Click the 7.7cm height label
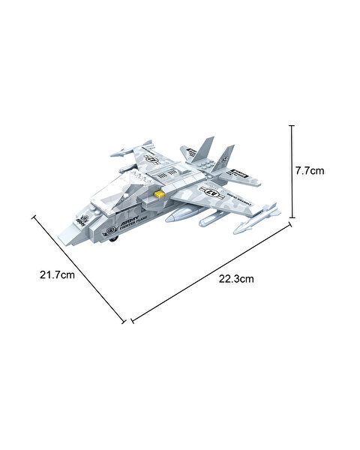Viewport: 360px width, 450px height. [x=309, y=170]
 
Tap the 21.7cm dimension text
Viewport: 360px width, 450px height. [x=57, y=276]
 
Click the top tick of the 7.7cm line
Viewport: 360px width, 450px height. [x=292, y=127]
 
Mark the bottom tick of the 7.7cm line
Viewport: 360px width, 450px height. [x=292, y=217]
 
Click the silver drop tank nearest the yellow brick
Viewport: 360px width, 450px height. [x=182, y=217]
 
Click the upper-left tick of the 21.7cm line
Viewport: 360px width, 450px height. [x=34, y=217]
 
